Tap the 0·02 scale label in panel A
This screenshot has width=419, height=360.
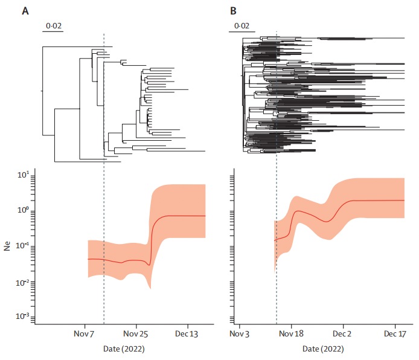54,26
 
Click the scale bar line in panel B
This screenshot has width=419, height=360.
243,32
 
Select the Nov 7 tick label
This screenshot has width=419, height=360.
85,333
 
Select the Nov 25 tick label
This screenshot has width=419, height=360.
136,333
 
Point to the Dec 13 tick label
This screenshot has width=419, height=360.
187,333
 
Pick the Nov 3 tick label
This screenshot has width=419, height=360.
240,333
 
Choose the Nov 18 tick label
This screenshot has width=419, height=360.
292,333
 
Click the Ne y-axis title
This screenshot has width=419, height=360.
8,247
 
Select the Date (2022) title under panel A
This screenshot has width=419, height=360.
124,349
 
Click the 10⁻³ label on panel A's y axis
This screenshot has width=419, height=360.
22,317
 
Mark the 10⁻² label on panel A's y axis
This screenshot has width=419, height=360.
22,281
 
